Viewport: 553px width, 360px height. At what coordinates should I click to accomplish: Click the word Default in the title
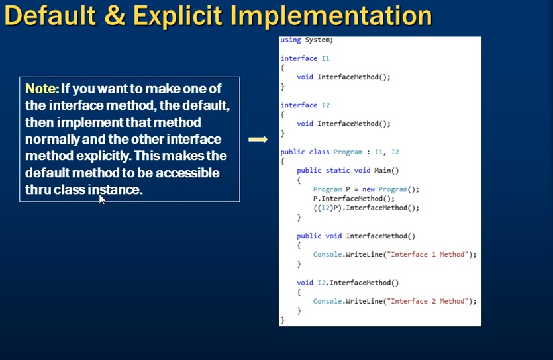pos(50,16)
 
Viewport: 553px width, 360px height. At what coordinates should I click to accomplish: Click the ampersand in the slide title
pos(115,16)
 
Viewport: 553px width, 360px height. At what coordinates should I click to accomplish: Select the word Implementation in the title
pos(331,16)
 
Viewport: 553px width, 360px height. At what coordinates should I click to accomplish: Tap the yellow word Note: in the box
pos(42,89)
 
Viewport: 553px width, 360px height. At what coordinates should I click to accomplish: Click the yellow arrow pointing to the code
pos(258,140)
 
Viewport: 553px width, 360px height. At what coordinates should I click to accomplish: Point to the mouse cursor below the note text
pos(102,200)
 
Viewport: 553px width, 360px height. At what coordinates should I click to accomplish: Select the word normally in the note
pos(52,139)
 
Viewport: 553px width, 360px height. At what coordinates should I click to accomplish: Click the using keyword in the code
pos(291,40)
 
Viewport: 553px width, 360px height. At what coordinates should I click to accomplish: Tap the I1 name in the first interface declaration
pos(326,58)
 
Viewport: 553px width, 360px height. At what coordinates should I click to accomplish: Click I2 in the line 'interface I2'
pos(326,105)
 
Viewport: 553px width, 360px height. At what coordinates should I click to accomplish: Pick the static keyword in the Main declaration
pos(338,171)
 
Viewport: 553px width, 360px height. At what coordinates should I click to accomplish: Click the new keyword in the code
pos(368,189)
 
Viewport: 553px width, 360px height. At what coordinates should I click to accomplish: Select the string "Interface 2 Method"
pos(429,301)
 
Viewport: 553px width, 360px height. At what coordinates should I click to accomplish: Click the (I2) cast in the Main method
pos(323,208)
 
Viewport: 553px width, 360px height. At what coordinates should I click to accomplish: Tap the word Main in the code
pos(382,171)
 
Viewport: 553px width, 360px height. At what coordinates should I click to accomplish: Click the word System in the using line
pos(318,40)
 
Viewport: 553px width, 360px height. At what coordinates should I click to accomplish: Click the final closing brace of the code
pos(283,320)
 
